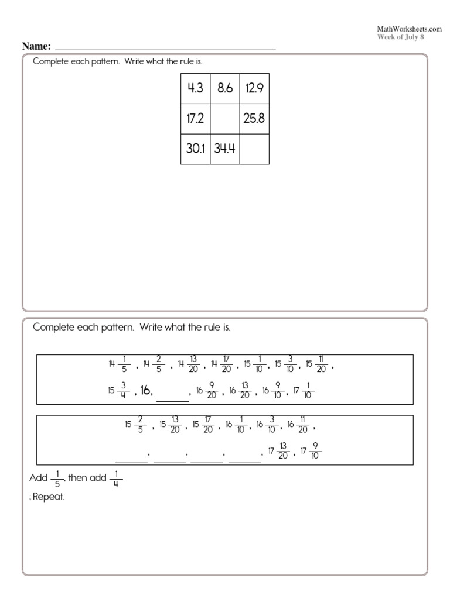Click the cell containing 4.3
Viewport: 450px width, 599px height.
[x=195, y=88]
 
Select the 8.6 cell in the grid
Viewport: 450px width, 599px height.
[x=225, y=88]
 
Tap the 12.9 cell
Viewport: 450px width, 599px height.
[x=255, y=88]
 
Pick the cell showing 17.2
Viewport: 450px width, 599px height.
[x=195, y=119]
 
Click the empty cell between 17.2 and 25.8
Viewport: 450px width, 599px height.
[x=225, y=119]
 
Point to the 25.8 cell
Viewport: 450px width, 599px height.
[x=255, y=119]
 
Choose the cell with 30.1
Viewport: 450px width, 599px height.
[x=195, y=149]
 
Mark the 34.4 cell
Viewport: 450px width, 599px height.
[x=225, y=149]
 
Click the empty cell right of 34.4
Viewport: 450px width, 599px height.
[x=255, y=149]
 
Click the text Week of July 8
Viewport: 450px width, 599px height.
[x=401, y=36]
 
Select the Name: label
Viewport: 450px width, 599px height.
[x=36, y=46]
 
